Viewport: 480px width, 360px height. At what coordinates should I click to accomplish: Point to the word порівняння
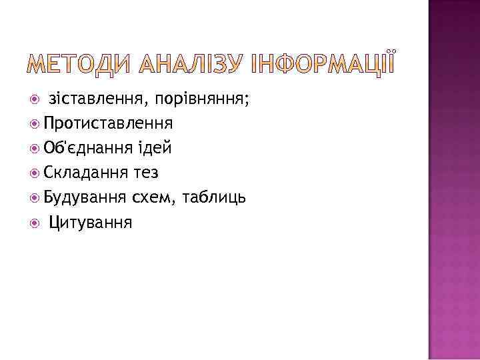(203, 100)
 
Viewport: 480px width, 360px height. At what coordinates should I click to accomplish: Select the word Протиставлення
(109, 124)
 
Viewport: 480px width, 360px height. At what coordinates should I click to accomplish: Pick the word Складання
(84, 173)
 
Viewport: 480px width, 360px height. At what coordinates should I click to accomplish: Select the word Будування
(85, 198)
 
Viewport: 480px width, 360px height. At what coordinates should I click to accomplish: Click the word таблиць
(215, 198)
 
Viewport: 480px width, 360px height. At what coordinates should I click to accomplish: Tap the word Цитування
(91, 223)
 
